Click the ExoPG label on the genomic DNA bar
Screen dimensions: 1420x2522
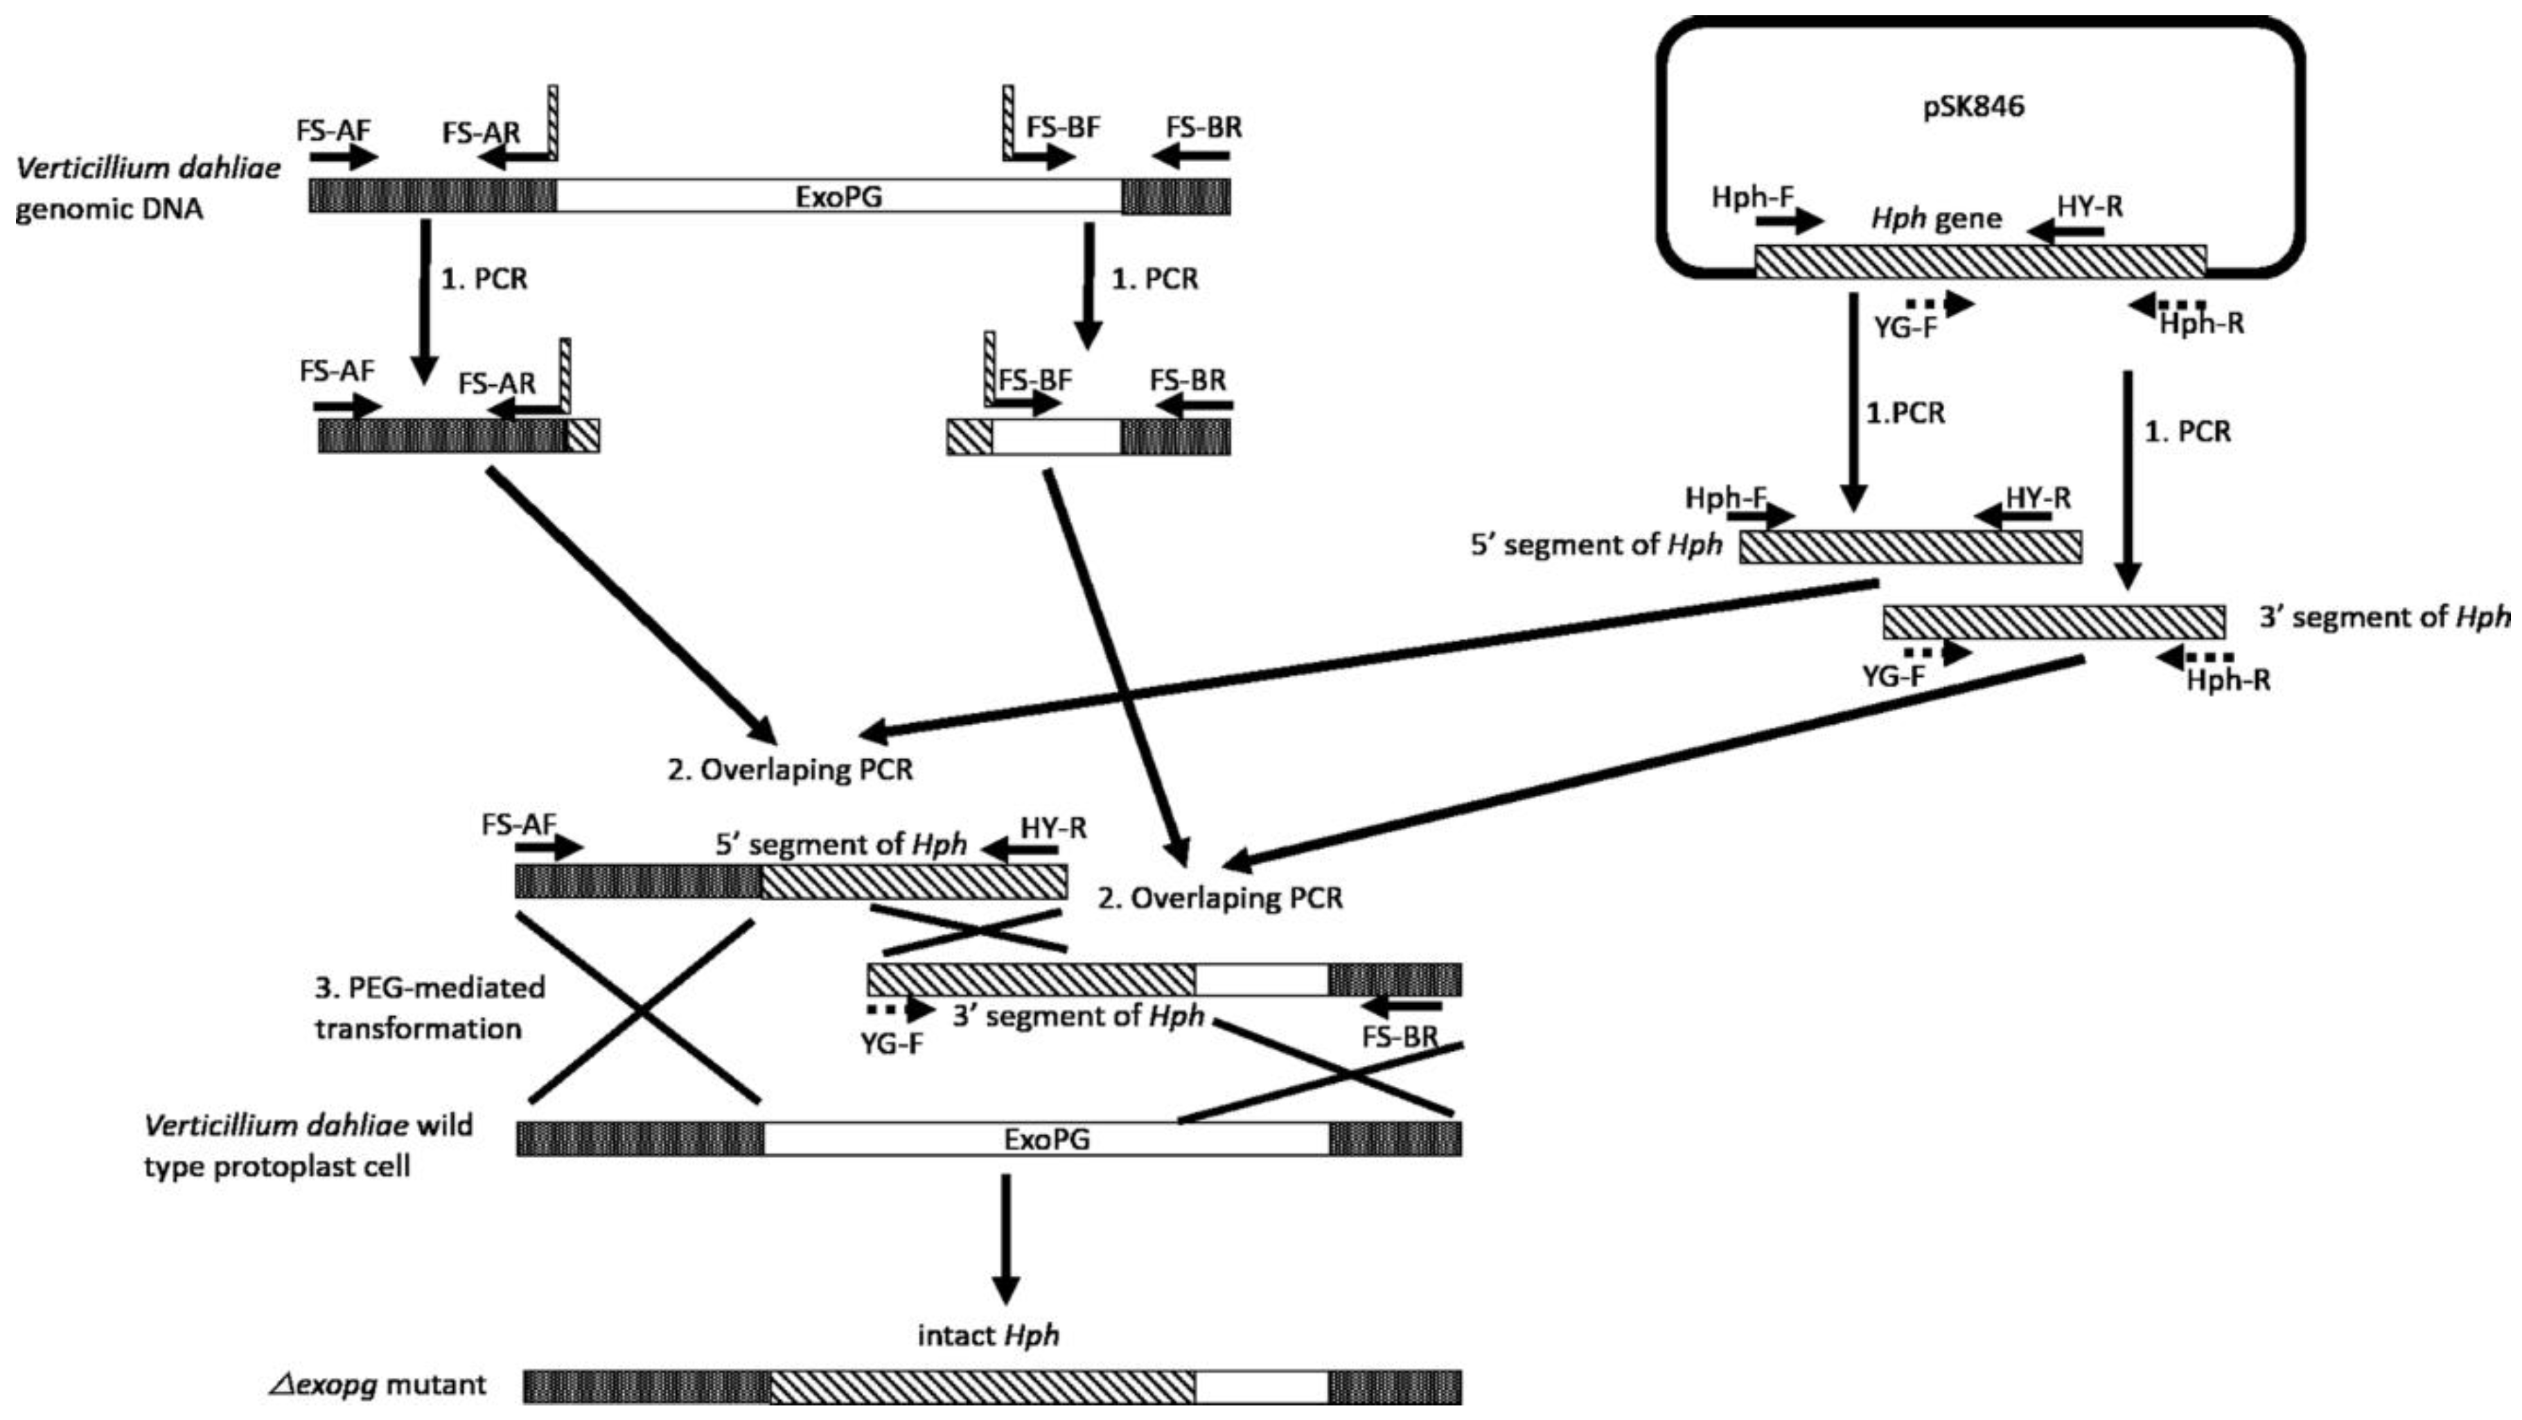coord(838,197)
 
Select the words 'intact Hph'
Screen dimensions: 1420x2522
coord(989,1335)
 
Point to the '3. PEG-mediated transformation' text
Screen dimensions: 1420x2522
coord(429,1008)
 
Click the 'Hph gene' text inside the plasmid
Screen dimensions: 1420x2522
coord(1936,218)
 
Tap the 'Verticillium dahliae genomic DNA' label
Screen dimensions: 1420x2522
coord(147,188)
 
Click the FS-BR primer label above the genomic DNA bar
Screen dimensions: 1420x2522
coord(1203,127)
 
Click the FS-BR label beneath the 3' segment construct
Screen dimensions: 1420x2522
coord(1401,1038)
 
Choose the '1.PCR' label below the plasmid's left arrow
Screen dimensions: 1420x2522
coord(1904,413)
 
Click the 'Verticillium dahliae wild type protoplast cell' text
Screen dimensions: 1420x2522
coord(308,1146)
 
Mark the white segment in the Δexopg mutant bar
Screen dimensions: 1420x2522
coord(1261,1387)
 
